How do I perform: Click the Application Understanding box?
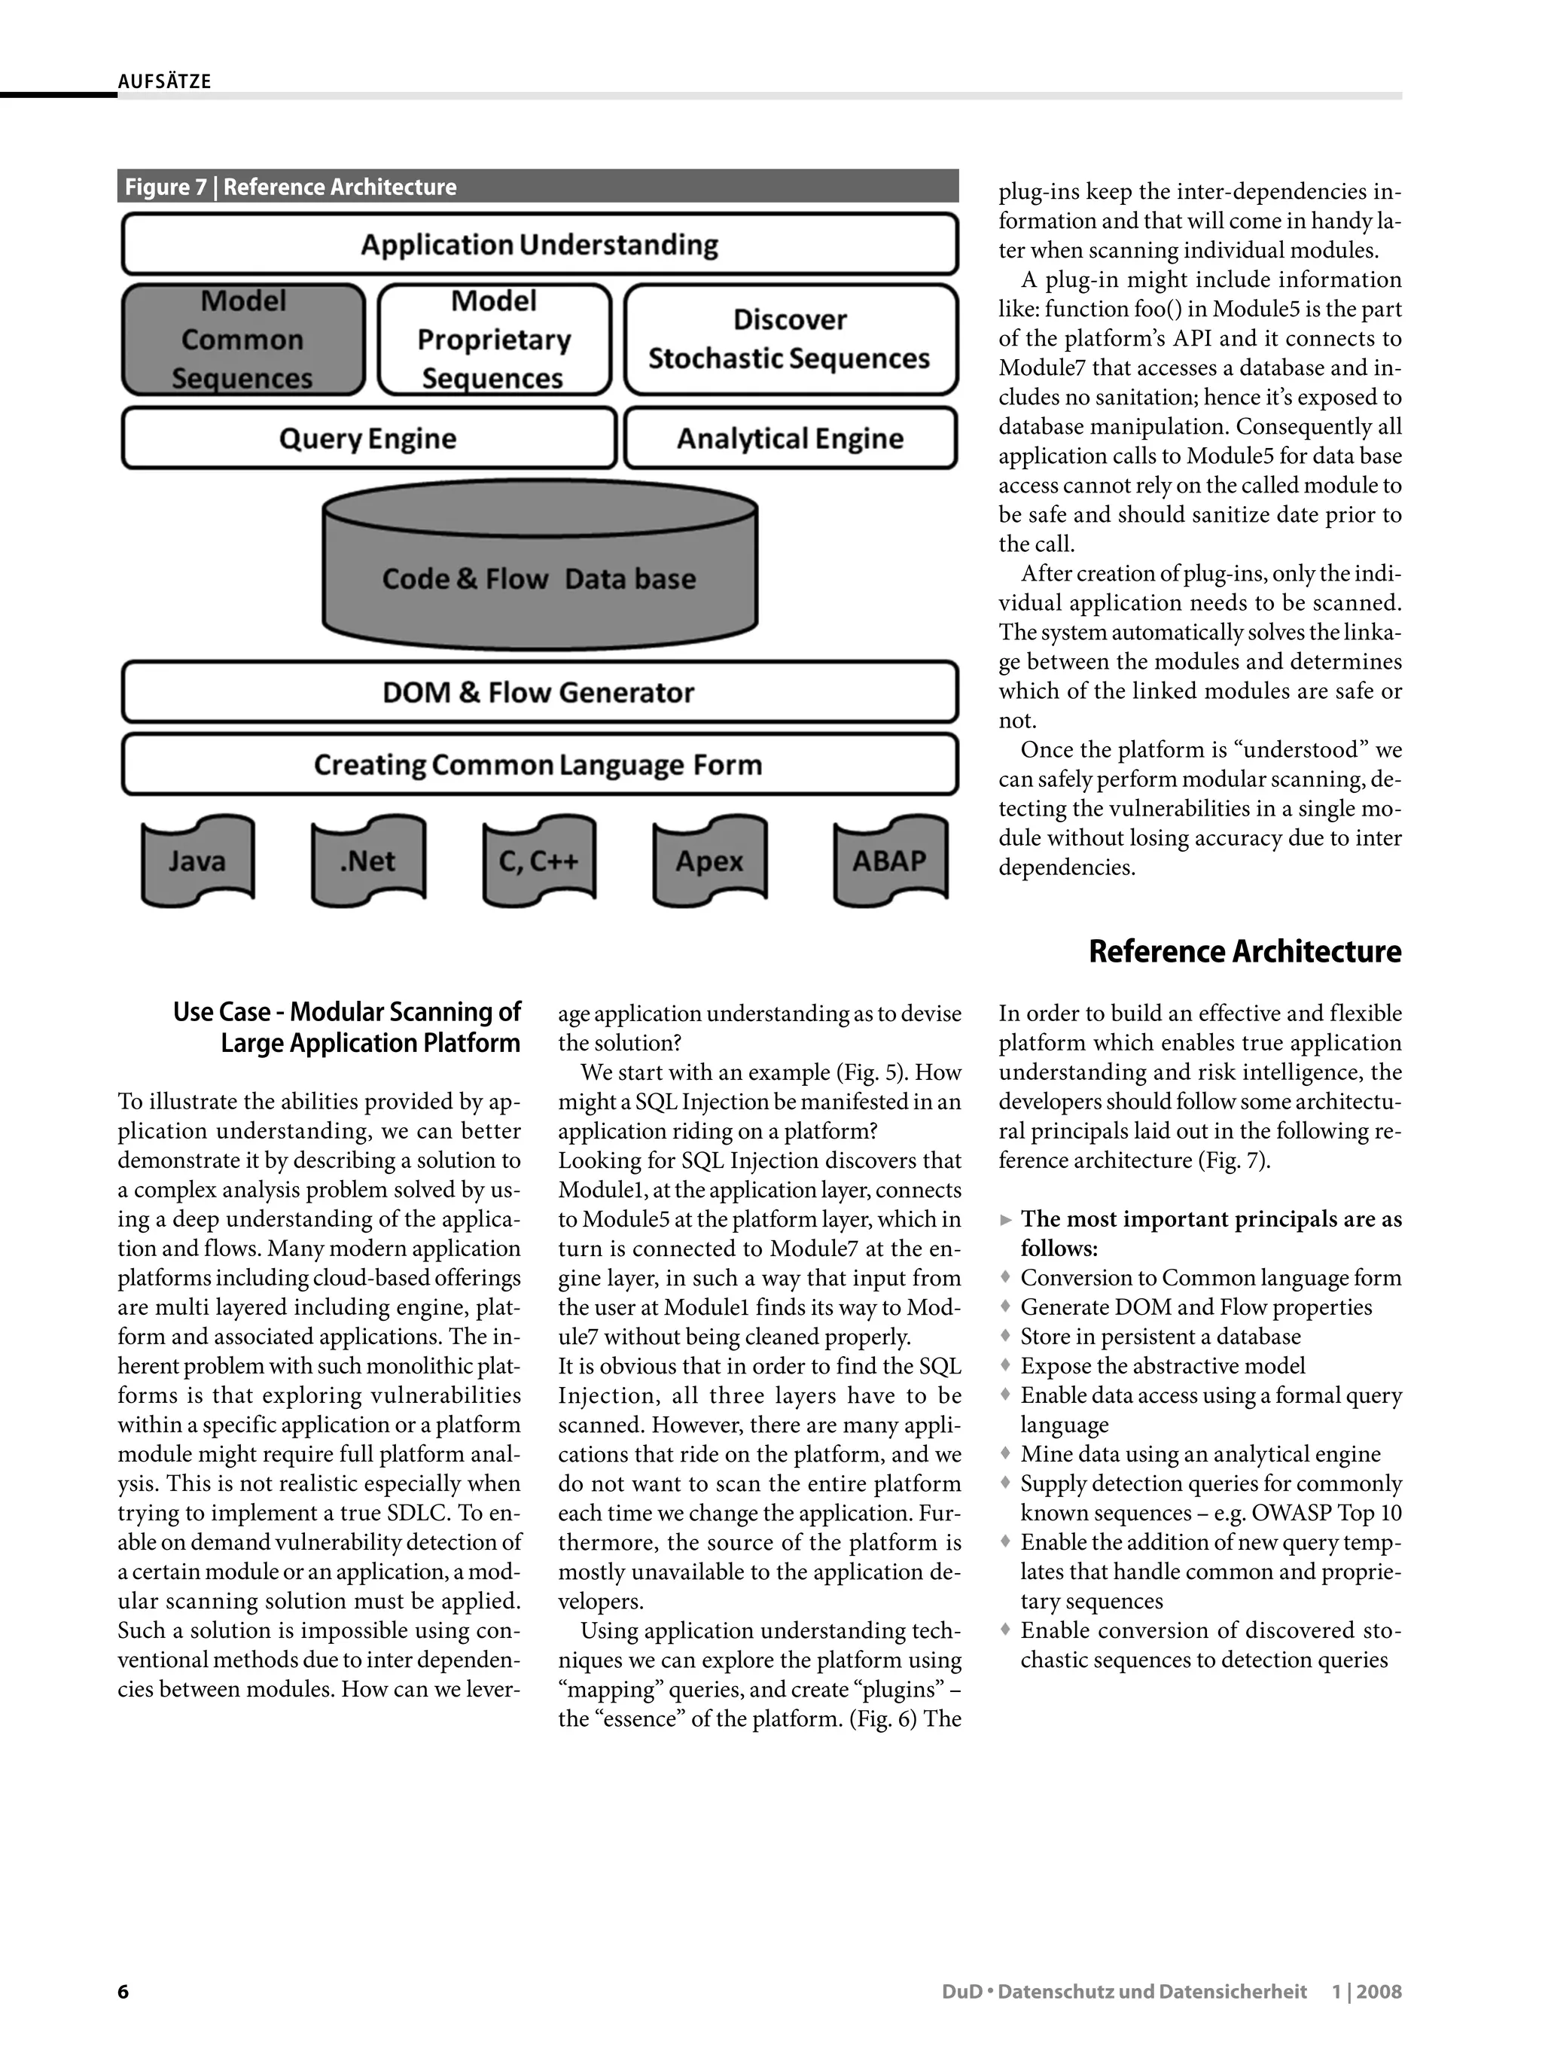(x=539, y=245)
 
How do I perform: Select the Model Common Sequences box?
(x=242, y=340)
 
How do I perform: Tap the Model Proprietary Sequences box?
(x=494, y=340)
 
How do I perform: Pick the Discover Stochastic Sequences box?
(x=790, y=340)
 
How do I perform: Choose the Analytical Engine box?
(x=790, y=438)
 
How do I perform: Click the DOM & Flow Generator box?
(x=539, y=692)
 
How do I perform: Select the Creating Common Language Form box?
(x=539, y=765)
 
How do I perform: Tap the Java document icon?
(x=197, y=861)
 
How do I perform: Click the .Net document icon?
(x=367, y=861)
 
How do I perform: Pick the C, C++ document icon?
(x=539, y=861)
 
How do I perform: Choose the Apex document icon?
(x=709, y=861)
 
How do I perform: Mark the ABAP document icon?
(x=889, y=861)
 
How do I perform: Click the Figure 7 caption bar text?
(x=291, y=187)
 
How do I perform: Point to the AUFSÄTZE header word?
(x=165, y=81)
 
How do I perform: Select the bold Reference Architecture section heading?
(x=1245, y=951)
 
